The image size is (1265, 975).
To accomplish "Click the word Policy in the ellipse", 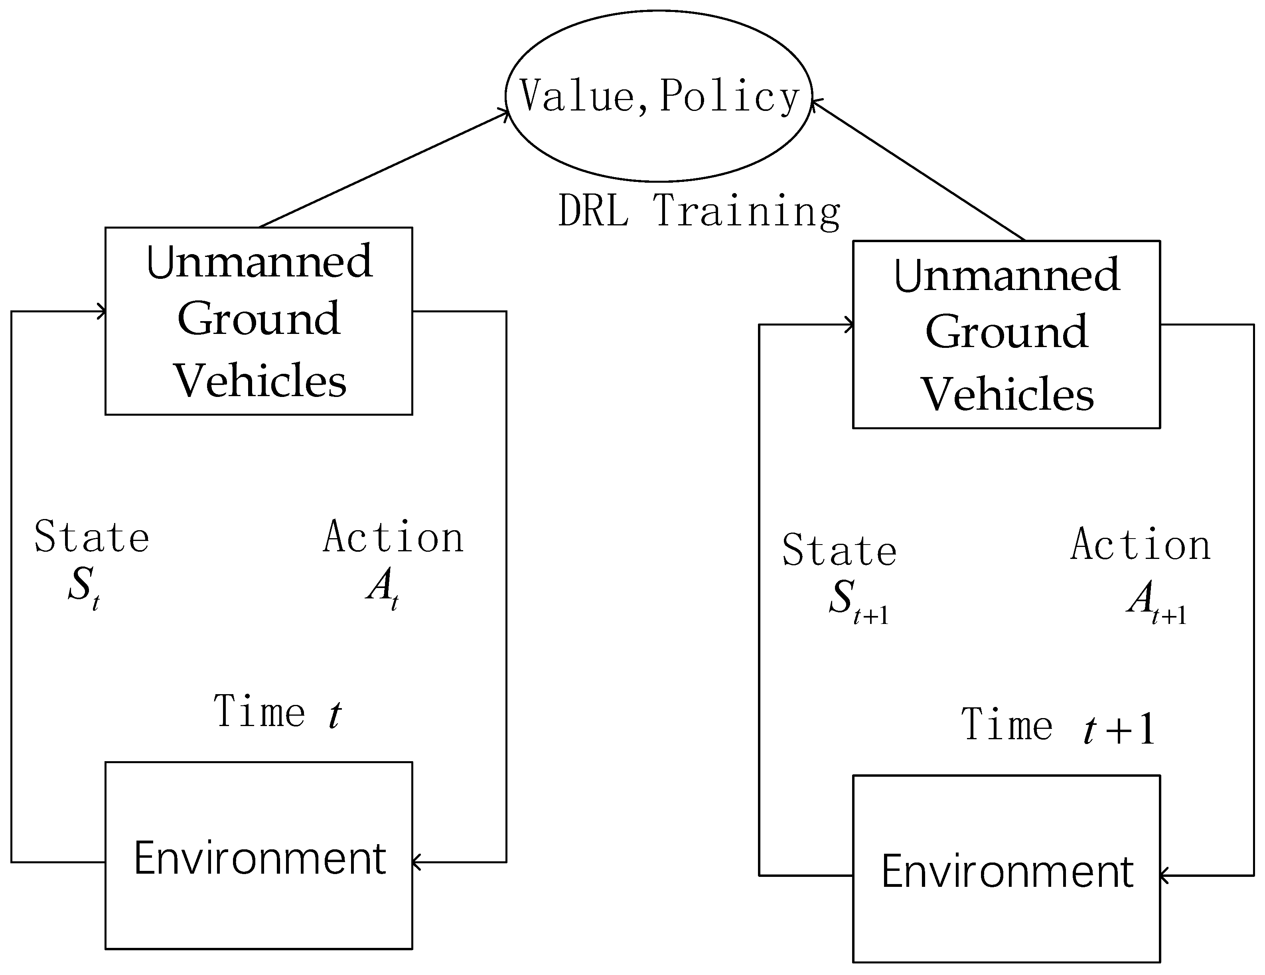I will pyautogui.click(x=730, y=96).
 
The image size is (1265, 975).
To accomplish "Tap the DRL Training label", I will pyautogui.click(x=699, y=211).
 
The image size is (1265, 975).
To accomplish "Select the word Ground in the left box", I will pyautogui.click(x=259, y=319).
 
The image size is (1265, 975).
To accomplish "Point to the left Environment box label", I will pyautogui.click(x=259, y=858).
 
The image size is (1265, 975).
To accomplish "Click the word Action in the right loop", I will pyautogui.click(x=1140, y=545).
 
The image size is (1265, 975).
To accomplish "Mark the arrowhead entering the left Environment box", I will pyautogui.click(x=417, y=862).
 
